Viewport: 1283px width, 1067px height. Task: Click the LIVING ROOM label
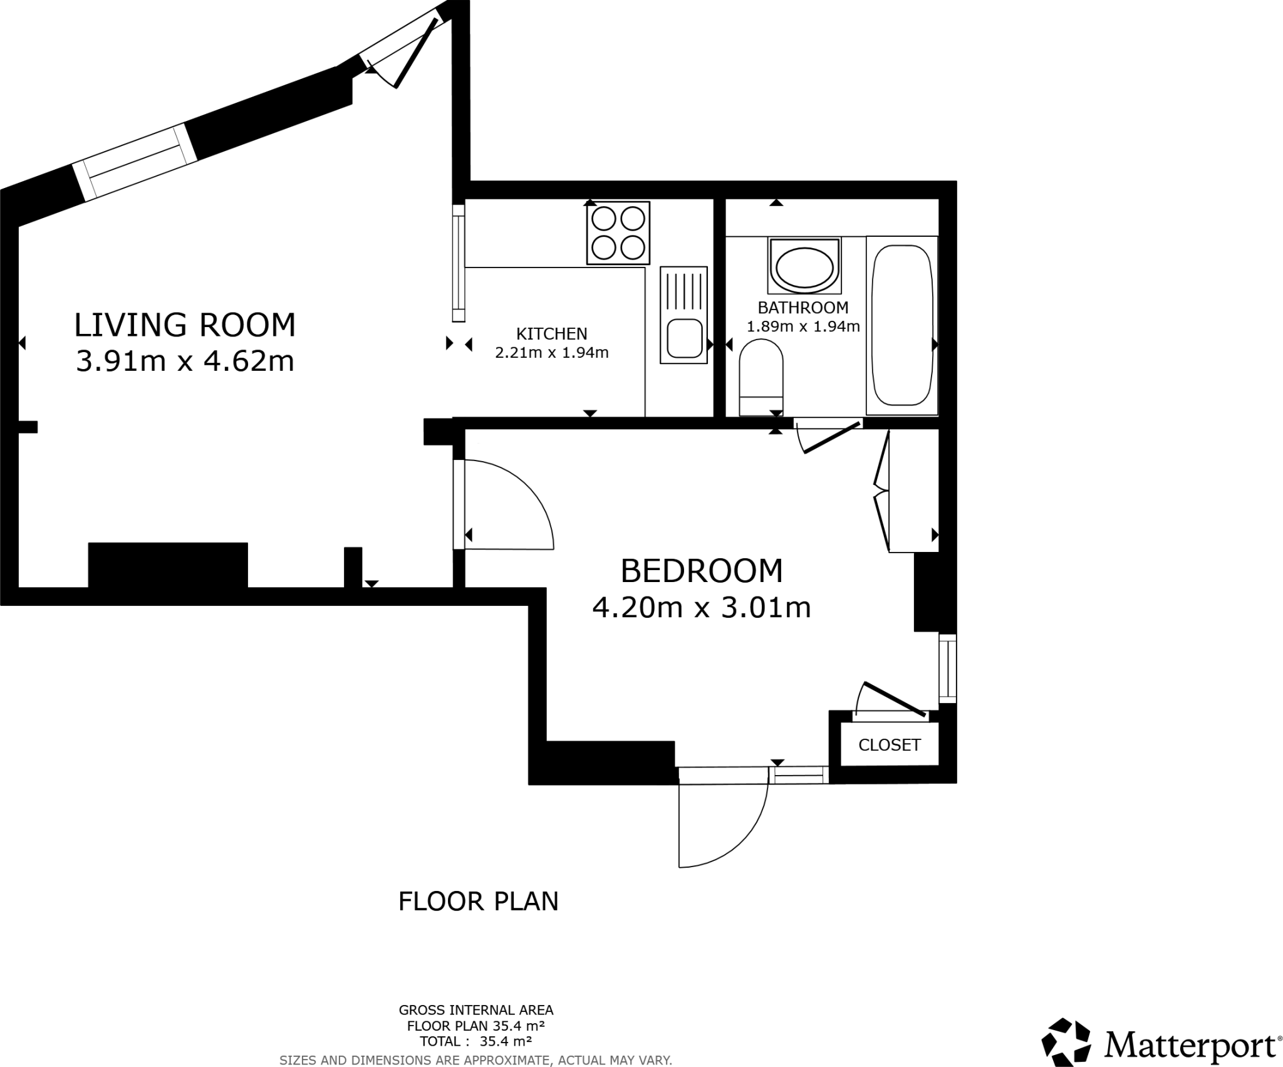(x=185, y=325)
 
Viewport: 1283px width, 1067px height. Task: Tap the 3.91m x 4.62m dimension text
(x=185, y=362)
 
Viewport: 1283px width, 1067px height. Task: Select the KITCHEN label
(x=551, y=333)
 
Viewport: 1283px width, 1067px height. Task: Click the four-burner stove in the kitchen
(x=618, y=233)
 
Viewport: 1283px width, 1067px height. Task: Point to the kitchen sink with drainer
(x=683, y=315)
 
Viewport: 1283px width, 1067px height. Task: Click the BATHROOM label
(x=803, y=308)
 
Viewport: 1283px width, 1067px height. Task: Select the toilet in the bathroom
(x=761, y=376)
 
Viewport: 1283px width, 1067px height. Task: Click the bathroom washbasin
(x=804, y=266)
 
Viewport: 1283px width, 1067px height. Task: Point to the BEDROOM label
(x=701, y=571)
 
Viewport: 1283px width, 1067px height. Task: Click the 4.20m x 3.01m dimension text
(x=701, y=608)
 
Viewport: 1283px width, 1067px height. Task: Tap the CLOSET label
(x=889, y=745)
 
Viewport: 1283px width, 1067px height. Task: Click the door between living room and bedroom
(x=501, y=505)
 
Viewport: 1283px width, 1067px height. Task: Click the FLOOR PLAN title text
(x=478, y=902)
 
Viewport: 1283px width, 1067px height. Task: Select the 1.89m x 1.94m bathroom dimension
(x=803, y=326)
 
